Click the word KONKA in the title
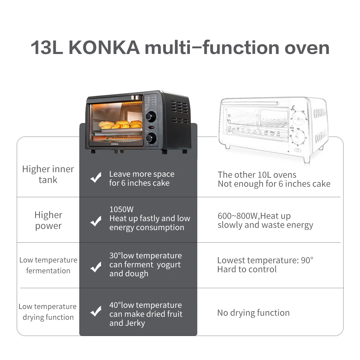pyautogui.click(x=104, y=48)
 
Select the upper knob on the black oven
pyautogui.click(x=150, y=116)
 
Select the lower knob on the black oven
pyautogui.click(x=150, y=138)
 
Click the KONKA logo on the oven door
pyautogui.click(x=115, y=144)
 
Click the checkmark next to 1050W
pyautogui.click(x=96, y=221)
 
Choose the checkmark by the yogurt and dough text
pyautogui.click(x=96, y=267)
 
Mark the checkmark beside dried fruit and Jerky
pyautogui.click(x=96, y=311)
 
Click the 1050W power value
pyautogui.click(x=121, y=209)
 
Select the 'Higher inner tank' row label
pyautogui.click(x=48, y=174)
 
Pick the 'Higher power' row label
pyautogui.click(x=48, y=220)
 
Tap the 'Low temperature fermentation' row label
pyautogui.click(x=48, y=265)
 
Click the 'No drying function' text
pyautogui.click(x=253, y=313)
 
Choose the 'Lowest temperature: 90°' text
pyautogui.click(x=265, y=260)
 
